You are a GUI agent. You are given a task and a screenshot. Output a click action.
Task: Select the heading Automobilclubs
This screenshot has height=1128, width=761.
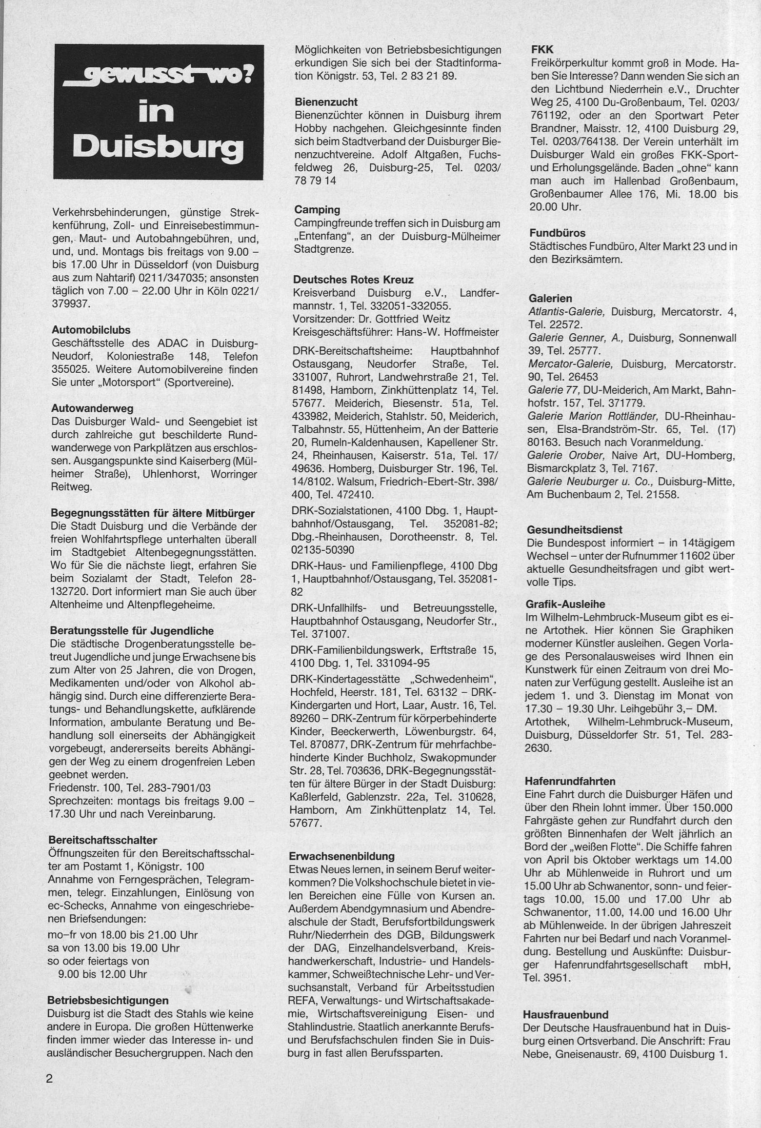click(x=91, y=330)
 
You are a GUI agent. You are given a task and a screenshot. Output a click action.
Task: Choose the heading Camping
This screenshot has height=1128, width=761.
click(x=317, y=210)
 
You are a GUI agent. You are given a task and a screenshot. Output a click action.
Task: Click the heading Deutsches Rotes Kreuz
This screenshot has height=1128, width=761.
click(x=353, y=280)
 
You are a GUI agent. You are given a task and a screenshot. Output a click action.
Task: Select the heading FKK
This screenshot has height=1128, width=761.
click(x=541, y=50)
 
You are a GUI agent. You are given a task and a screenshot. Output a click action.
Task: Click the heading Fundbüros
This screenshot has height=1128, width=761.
click(x=557, y=233)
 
